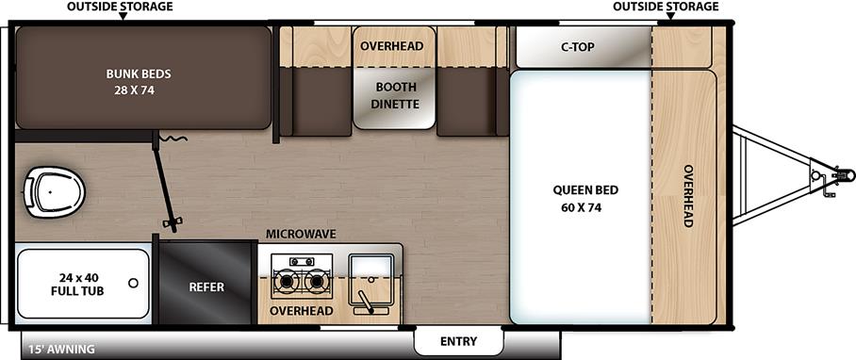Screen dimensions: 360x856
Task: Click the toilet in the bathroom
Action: (55, 192)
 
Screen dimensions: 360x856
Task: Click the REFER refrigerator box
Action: (206, 286)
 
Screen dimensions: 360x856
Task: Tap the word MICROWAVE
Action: (301, 234)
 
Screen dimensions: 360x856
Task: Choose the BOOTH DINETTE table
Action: (395, 95)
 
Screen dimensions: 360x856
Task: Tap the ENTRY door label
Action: (458, 340)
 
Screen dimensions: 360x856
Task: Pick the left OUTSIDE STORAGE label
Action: (120, 7)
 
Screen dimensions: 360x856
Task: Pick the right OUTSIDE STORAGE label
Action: (665, 7)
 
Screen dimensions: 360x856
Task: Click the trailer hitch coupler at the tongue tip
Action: (842, 175)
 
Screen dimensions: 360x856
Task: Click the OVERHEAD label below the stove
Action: (302, 310)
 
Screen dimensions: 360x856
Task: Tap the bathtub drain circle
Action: (134, 282)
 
